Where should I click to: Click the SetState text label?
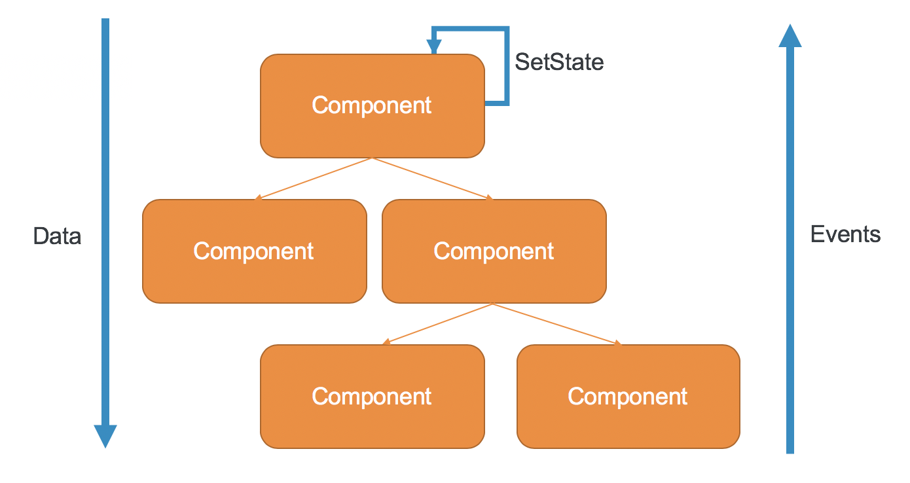pos(559,62)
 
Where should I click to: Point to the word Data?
pos(58,236)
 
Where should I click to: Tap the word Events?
pos(845,234)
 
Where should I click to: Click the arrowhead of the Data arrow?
pos(105,435)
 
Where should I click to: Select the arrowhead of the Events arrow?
pos(790,37)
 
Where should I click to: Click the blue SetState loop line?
pos(506,65)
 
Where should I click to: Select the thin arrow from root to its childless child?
pos(314,178)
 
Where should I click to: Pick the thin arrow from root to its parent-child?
pos(432,178)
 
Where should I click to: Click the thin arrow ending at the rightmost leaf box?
pos(556,324)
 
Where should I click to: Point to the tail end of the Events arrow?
pos(790,450)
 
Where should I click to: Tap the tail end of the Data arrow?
pos(105,22)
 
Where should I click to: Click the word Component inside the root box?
pos(372,105)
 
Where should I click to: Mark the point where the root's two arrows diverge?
pos(372,158)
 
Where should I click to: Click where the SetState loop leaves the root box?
pos(486,103)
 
